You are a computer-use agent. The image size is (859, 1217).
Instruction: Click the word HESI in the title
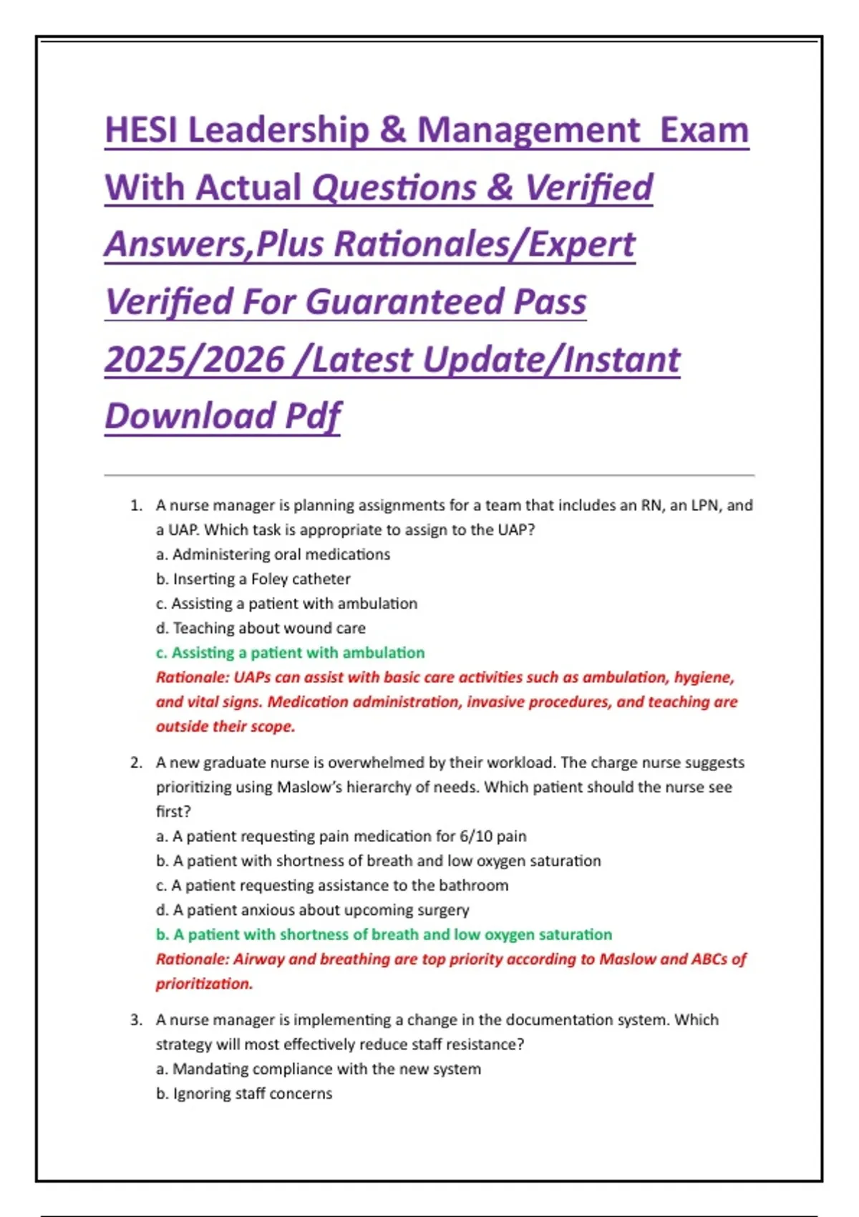coord(142,130)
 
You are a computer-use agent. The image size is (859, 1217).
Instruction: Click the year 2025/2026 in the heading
coord(195,359)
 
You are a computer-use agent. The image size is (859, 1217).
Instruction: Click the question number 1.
coord(136,505)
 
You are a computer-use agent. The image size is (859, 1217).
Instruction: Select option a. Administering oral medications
coord(273,554)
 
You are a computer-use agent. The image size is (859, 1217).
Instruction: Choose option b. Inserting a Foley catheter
coord(253,578)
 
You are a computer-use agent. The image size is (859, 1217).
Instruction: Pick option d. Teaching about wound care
coord(261,628)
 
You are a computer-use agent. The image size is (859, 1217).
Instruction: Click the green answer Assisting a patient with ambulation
coord(291,652)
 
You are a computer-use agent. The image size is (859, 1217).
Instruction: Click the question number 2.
coord(136,762)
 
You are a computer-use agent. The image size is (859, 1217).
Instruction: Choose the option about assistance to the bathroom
coord(332,885)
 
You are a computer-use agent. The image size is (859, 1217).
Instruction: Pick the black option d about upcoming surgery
coord(313,910)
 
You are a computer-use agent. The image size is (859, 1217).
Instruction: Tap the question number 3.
coord(136,1019)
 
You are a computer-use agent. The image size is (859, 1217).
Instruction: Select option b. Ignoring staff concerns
coord(244,1093)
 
